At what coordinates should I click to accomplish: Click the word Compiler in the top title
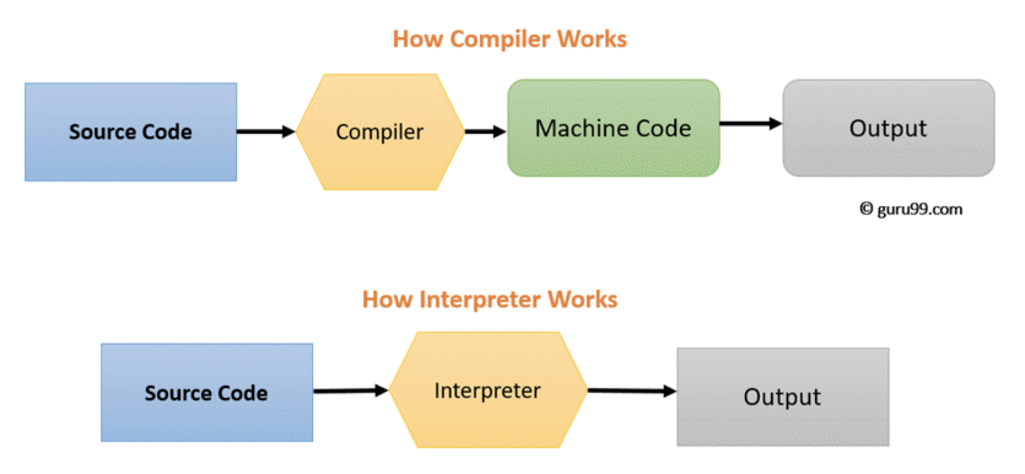pos(500,39)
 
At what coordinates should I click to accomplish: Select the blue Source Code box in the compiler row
pos(131,132)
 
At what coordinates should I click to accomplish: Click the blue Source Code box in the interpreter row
pos(207,392)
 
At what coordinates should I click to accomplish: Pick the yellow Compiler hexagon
pos(380,132)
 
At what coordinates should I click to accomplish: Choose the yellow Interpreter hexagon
pos(488,390)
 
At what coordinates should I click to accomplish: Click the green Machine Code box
pos(614,128)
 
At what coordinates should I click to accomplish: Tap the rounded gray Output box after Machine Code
pos(889,128)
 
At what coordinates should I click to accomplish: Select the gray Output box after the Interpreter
pos(783,397)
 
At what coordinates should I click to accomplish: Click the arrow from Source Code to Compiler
pos(266,131)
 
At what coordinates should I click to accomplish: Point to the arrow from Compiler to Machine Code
pos(485,131)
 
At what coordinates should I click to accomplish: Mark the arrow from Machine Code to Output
pos(751,123)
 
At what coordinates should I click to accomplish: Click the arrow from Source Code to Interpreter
pos(351,391)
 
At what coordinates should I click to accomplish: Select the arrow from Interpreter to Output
pos(632,391)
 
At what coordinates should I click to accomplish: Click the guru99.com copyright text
pos(911,209)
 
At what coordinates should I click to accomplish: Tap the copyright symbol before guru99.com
pos(866,208)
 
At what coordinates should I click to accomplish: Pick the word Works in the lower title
pos(583,300)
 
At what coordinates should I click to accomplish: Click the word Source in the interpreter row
pos(177,393)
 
